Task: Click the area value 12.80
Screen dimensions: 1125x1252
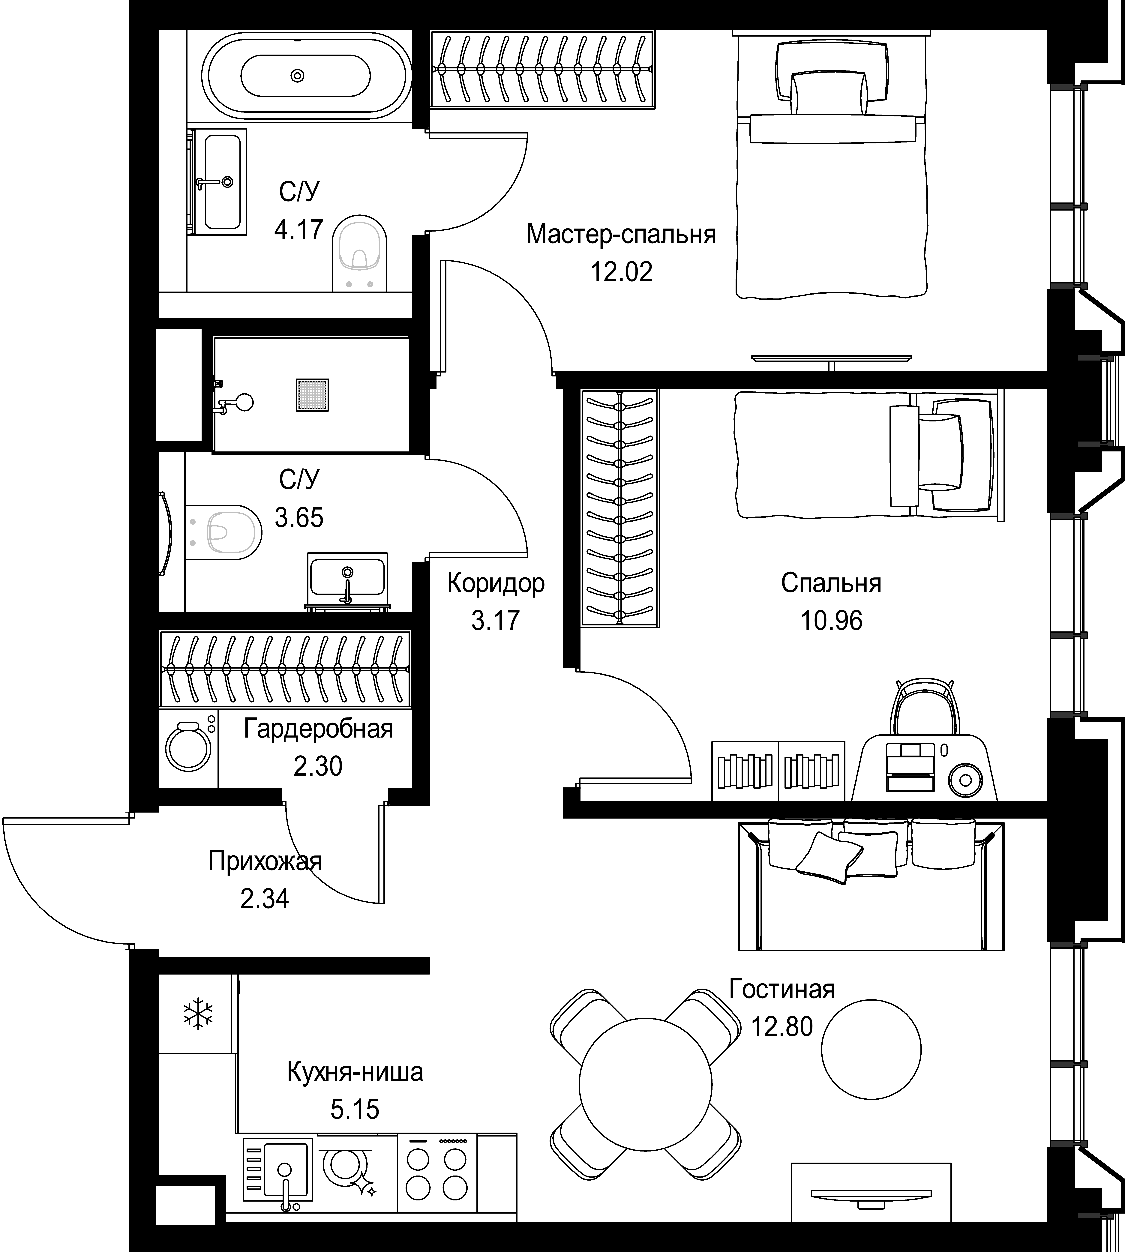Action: coord(782,1026)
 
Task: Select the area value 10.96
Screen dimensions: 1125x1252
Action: coord(831,620)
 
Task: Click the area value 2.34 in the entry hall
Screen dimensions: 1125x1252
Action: coord(265,899)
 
